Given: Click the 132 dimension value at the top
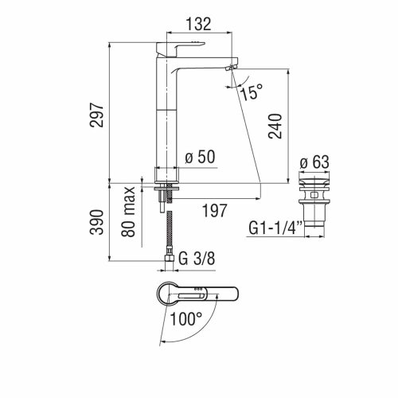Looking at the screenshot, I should coord(199,25).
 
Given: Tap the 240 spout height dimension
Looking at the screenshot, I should coord(275,126).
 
